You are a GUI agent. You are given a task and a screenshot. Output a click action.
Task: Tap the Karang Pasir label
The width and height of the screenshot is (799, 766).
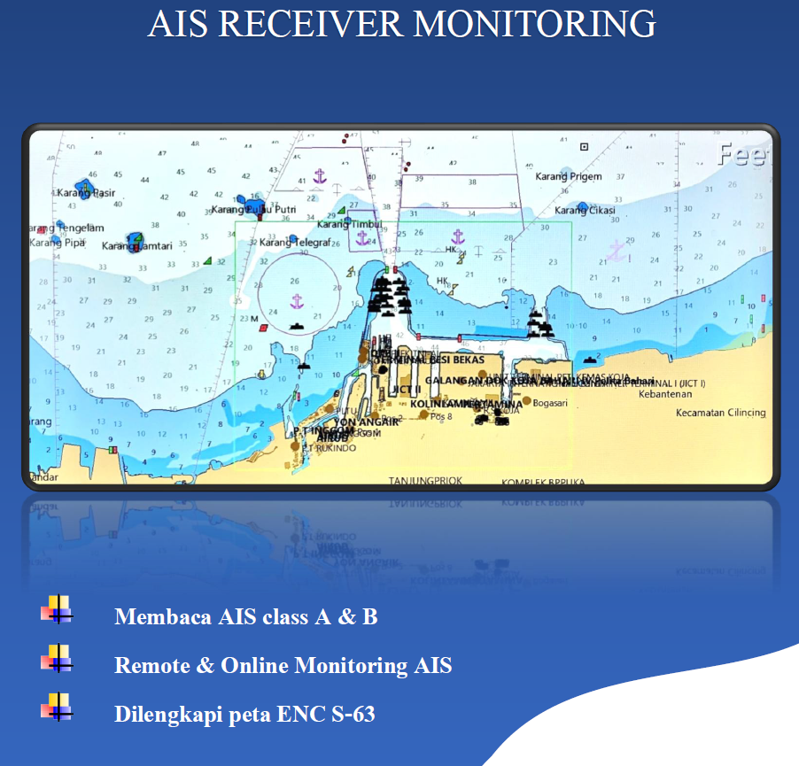86,193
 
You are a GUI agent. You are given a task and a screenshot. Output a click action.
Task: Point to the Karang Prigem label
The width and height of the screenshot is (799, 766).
568,176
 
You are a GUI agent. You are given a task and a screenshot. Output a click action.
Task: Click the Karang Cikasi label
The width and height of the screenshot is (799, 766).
585,211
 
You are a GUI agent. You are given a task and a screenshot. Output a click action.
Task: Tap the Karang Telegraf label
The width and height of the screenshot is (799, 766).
294,242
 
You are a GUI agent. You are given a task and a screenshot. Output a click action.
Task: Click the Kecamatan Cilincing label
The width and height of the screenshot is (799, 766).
720,413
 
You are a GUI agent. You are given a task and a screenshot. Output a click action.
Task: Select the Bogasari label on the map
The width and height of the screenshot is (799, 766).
550,402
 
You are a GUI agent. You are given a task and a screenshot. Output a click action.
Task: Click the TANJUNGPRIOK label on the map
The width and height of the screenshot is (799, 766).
425,481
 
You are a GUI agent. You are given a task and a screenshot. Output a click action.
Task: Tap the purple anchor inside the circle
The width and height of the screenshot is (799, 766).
298,301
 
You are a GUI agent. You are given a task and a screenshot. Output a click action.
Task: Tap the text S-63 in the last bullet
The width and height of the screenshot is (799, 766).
352,714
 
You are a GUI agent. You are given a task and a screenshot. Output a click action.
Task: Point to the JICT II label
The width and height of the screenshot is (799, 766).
407,389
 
